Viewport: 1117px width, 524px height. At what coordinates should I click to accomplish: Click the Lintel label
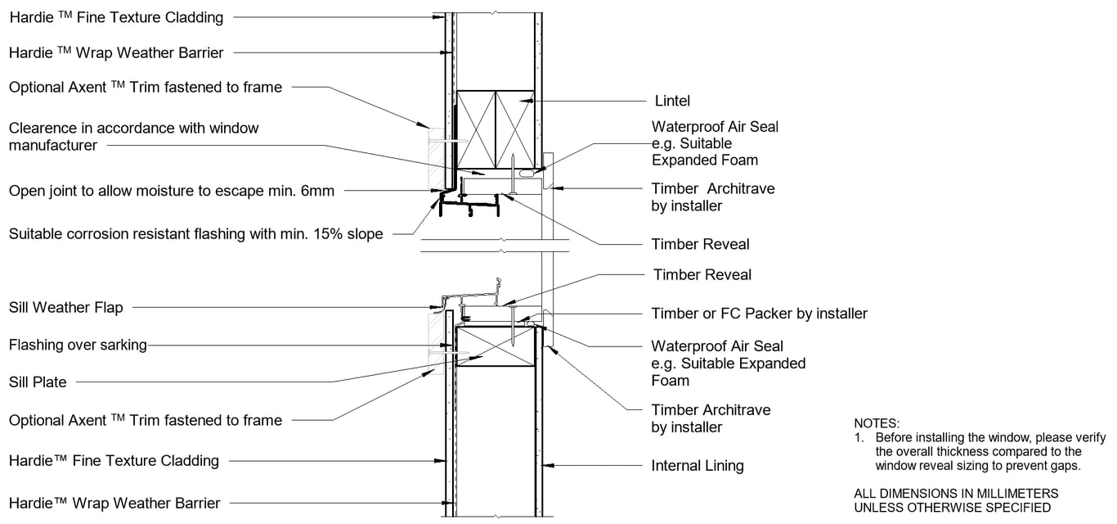coord(672,101)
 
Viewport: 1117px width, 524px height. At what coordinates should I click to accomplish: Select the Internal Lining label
coord(697,466)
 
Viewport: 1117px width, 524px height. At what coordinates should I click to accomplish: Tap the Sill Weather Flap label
coord(66,308)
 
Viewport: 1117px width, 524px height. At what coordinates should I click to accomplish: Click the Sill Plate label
coord(38,382)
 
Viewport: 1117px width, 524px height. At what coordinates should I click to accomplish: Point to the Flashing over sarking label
coord(78,345)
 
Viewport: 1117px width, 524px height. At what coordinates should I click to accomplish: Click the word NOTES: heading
coord(876,423)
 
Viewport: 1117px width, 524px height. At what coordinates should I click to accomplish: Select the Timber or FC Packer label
coord(759,314)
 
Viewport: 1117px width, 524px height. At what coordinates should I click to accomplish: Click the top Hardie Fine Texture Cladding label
coord(116,16)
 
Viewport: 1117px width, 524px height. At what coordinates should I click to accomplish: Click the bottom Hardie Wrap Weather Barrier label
coord(114,503)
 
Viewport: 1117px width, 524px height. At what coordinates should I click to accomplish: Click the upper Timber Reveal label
coord(700,244)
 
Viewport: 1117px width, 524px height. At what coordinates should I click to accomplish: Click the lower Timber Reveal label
coord(702,274)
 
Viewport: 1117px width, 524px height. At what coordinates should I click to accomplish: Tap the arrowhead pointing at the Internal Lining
coord(549,465)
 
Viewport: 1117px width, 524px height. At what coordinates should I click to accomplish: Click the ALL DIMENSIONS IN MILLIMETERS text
coord(955,494)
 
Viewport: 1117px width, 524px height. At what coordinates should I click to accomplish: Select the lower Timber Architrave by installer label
coord(710,418)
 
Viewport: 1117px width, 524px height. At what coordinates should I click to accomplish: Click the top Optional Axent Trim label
coord(145,87)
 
